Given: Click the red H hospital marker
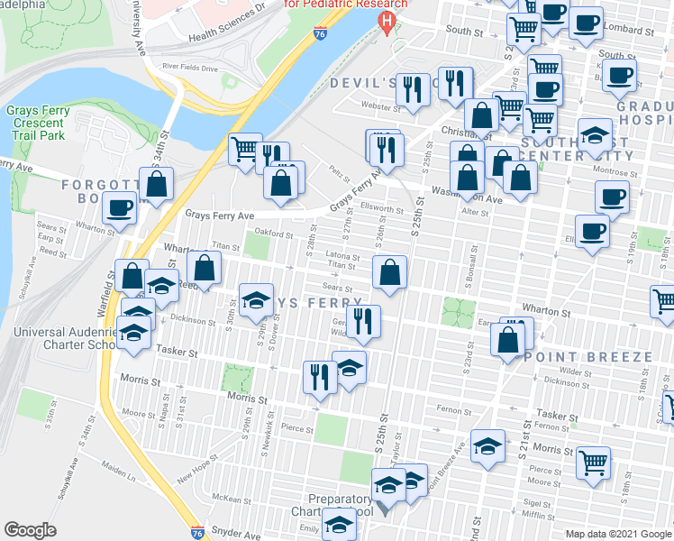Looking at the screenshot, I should pyautogui.click(x=387, y=21).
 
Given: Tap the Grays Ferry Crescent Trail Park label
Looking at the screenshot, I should pyautogui.click(x=35, y=123).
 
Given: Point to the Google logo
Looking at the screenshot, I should pyautogui.click(x=30, y=530).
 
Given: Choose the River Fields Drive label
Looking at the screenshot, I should pyautogui.click(x=190, y=67).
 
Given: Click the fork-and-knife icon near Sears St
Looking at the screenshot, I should pyautogui.click(x=363, y=321).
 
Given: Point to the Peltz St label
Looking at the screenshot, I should pyautogui.click(x=339, y=167).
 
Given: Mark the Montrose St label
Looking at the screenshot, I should pyautogui.click(x=615, y=170).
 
